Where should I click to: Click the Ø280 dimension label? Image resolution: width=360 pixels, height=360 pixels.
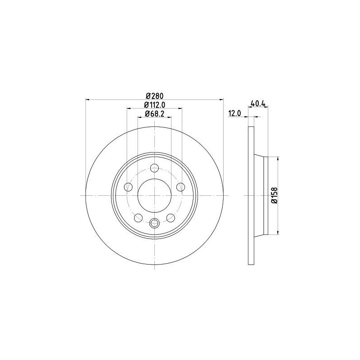[154, 95]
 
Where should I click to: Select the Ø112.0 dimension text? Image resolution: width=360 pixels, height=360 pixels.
[154, 105]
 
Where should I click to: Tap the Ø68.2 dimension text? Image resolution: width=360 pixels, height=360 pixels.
[154, 113]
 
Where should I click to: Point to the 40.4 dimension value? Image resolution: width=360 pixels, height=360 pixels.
[258, 104]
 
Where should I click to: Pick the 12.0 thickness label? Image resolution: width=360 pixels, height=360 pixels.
[234, 113]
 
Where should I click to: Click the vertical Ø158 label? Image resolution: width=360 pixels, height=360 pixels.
[274, 195]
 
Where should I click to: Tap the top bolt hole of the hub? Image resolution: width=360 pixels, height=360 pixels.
[154, 168]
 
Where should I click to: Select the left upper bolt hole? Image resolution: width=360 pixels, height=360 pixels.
[128, 187]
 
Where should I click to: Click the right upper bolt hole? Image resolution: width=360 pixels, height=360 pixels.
[181, 187]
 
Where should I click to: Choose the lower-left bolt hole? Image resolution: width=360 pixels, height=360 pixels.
[138, 218]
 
